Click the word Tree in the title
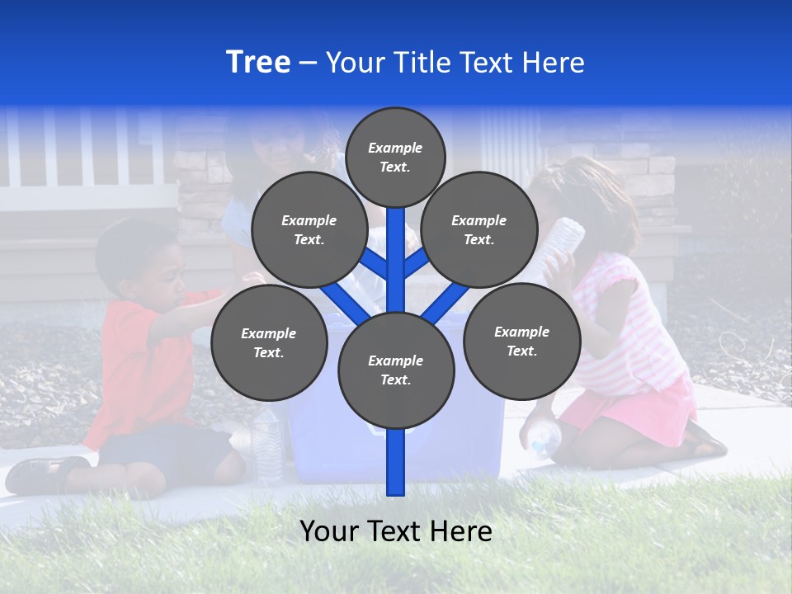click(x=258, y=63)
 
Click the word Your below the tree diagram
click(x=330, y=531)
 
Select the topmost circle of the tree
click(x=395, y=157)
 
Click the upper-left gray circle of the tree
click(x=309, y=230)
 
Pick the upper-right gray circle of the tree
click(x=479, y=230)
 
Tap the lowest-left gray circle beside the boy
click(x=269, y=343)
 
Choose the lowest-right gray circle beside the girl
click(x=521, y=341)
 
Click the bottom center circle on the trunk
click(x=396, y=370)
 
